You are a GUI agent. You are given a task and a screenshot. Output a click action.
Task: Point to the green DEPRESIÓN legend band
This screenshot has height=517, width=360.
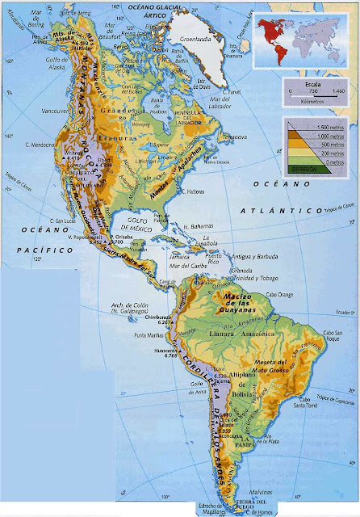coord(305,168)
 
